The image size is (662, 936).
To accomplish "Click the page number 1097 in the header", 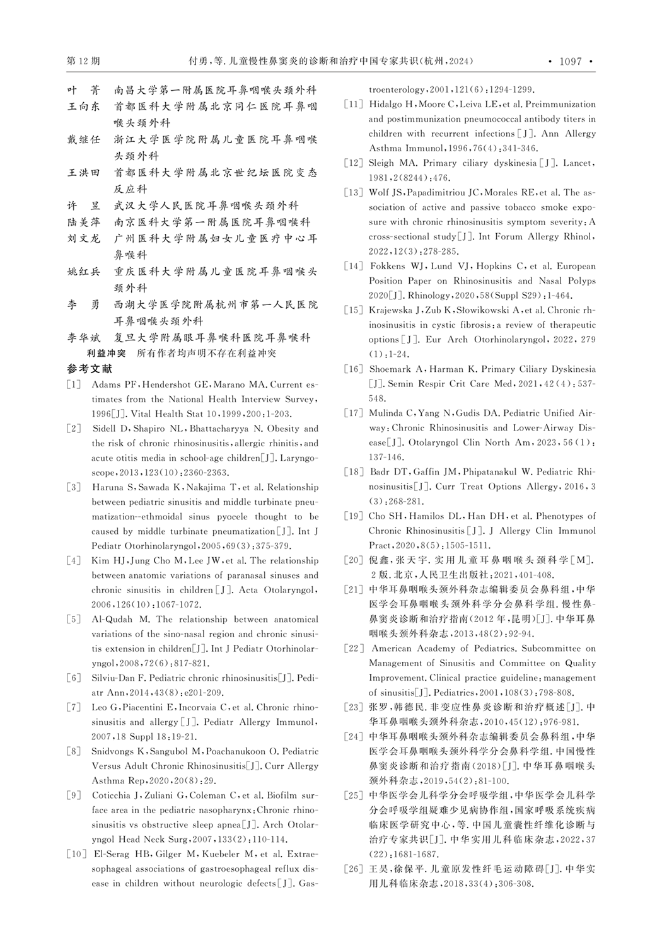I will pos(569,61).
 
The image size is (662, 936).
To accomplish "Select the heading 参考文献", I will pos(89,369).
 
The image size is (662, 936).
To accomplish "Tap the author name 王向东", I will pos(83,107).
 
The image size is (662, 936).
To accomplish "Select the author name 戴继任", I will pos(83,139).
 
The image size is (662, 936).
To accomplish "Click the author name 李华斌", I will pos(83,338).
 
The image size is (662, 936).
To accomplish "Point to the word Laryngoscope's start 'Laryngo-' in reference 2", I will pos(297,458).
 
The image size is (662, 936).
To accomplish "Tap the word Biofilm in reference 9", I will pos(270,795).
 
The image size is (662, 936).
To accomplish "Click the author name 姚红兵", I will pos(83,272).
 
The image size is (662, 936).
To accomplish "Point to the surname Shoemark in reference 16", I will pos(391,369).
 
